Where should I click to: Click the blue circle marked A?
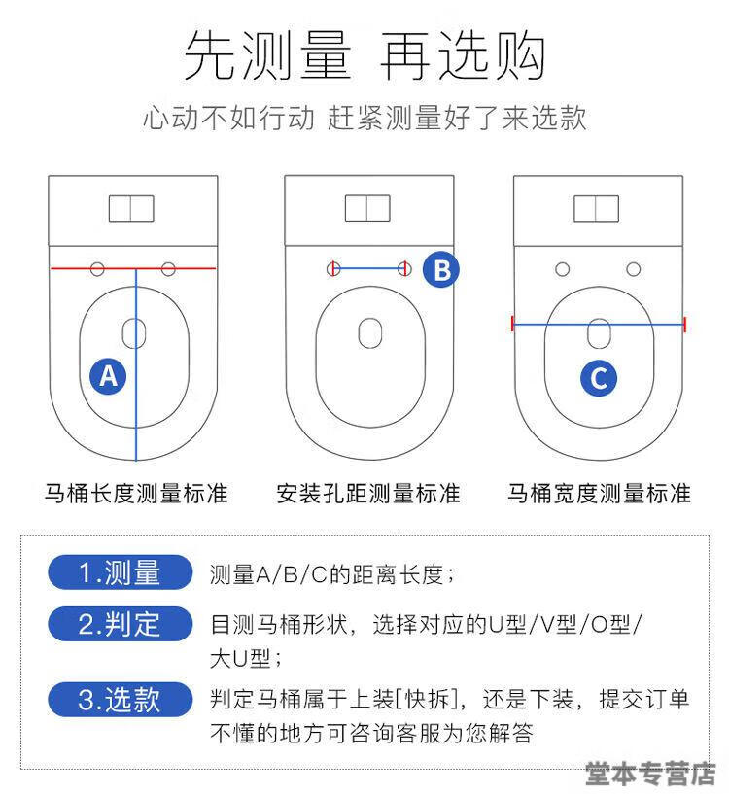108,376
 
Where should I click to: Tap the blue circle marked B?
441,269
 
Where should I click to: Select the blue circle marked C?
599,378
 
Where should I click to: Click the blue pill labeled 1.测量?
121,572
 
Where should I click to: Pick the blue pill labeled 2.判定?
121,624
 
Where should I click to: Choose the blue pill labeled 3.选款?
121,700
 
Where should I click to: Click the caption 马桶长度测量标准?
136,493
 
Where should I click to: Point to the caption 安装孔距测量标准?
368,493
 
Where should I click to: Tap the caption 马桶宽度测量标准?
599,493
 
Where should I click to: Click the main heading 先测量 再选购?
364,54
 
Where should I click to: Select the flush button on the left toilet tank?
131,208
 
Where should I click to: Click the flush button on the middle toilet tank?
367,208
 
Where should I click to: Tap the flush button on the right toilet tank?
596,208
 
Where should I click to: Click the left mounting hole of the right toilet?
563,269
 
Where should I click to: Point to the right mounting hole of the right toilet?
633,269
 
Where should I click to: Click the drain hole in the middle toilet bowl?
369,332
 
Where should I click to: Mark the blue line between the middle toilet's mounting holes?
368,268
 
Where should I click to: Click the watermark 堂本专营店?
650,774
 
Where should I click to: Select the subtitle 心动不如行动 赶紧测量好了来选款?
364,118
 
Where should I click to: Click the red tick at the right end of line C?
684,325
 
